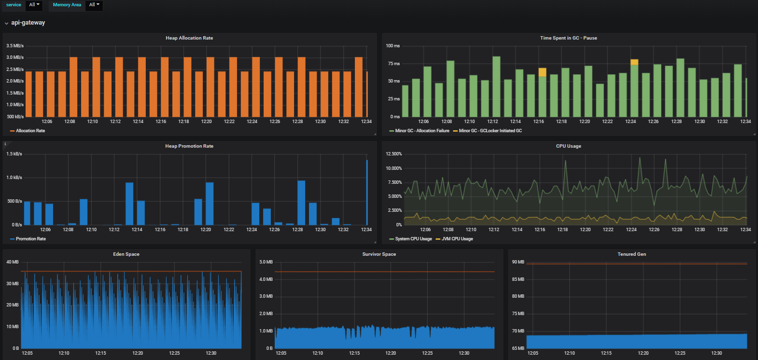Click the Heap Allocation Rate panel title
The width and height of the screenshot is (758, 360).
click(x=189, y=38)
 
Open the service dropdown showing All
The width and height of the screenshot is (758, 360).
click(x=34, y=5)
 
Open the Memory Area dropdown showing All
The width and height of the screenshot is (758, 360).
click(x=94, y=5)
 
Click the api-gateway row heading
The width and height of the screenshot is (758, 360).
click(x=28, y=23)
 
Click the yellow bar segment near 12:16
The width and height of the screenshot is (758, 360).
click(x=542, y=72)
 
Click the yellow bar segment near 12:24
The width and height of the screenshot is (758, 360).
click(x=634, y=62)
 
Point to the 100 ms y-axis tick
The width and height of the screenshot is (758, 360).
click(x=393, y=46)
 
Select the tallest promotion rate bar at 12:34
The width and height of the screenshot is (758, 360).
click(x=367, y=192)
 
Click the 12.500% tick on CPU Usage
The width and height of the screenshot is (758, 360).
click(x=393, y=154)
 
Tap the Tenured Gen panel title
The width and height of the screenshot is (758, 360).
click(x=632, y=254)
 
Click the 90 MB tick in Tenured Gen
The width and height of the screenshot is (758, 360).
click(x=518, y=262)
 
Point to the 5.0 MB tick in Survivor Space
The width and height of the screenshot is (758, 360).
click(x=266, y=262)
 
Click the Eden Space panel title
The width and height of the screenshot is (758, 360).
click(x=126, y=254)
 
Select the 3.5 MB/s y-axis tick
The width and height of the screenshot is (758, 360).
click(x=15, y=46)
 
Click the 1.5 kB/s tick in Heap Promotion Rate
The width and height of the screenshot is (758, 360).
click(x=14, y=154)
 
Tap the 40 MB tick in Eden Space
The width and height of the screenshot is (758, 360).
click(x=13, y=262)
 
